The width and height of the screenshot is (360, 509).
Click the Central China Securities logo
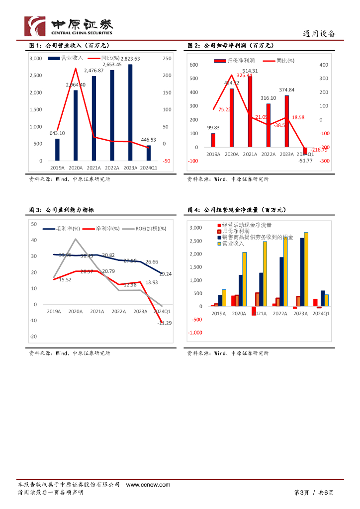tap(69, 26)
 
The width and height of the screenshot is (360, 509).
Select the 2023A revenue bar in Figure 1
tap(130, 112)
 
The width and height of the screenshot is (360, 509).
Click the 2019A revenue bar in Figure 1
tap(57, 150)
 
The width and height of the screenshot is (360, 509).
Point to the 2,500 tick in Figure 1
tap(35, 76)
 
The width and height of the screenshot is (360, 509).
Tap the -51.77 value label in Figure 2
tap(305, 160)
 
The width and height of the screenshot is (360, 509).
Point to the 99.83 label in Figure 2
tap(213, 128)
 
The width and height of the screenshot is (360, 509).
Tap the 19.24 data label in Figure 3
tap(165, 274)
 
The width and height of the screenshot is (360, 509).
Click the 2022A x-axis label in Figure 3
tap(118, 312)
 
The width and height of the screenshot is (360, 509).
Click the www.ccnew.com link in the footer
tap(148, 485)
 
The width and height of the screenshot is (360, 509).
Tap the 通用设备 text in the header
tap(319, 34)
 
